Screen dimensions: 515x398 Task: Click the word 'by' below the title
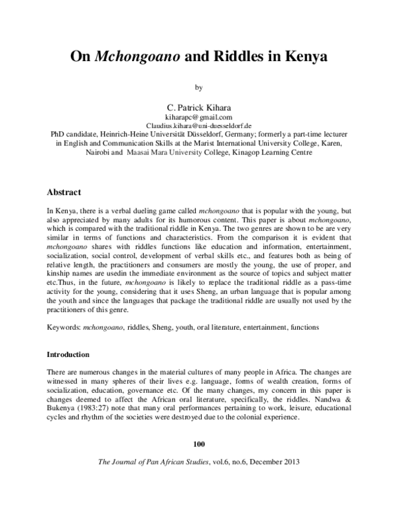[x=198, y=87]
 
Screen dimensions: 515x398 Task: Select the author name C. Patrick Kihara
[x=199, y=106]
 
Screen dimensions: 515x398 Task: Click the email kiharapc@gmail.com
[x=199, y=115]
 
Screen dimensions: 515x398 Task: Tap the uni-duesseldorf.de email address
[x=199, y=124]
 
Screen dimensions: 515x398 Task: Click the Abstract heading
[x=64, y=192]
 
